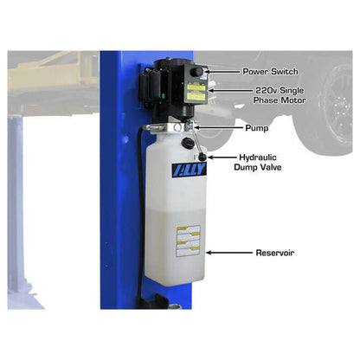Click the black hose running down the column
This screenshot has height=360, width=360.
tap(139, 190)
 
